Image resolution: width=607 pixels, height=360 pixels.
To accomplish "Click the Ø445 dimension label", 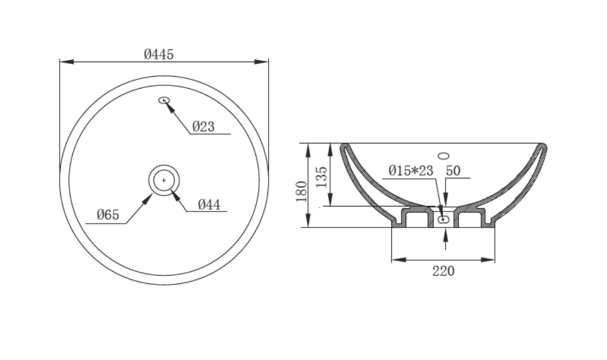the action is (159, 55).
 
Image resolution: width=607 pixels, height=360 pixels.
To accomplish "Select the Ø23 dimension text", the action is (203, 127).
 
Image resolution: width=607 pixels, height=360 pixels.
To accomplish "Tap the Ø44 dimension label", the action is (209, 205).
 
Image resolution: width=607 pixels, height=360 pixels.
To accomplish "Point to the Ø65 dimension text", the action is (108, 215).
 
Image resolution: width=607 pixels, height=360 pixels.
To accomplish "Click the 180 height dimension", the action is (302, 191).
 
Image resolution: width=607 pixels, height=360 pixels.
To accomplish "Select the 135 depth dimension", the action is (322, 177).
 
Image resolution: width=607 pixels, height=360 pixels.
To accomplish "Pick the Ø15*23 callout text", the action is (411, 171).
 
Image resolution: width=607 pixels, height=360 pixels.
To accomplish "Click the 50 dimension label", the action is (453, 171).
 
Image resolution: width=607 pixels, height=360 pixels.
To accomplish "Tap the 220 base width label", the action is (443, 271).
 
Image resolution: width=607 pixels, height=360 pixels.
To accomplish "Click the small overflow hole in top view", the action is (164, 100).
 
